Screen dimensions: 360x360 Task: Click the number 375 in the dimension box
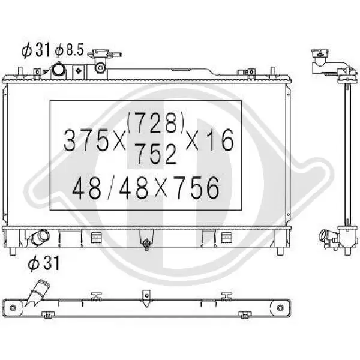86,140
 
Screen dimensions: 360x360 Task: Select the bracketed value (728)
155,123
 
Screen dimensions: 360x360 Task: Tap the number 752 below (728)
156,154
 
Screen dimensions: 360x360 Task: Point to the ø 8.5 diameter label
69,50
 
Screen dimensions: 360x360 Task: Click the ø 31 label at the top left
35,50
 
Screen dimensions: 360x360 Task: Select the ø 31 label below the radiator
44,263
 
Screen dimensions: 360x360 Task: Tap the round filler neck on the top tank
59,68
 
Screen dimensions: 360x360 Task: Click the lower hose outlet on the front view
40,237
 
